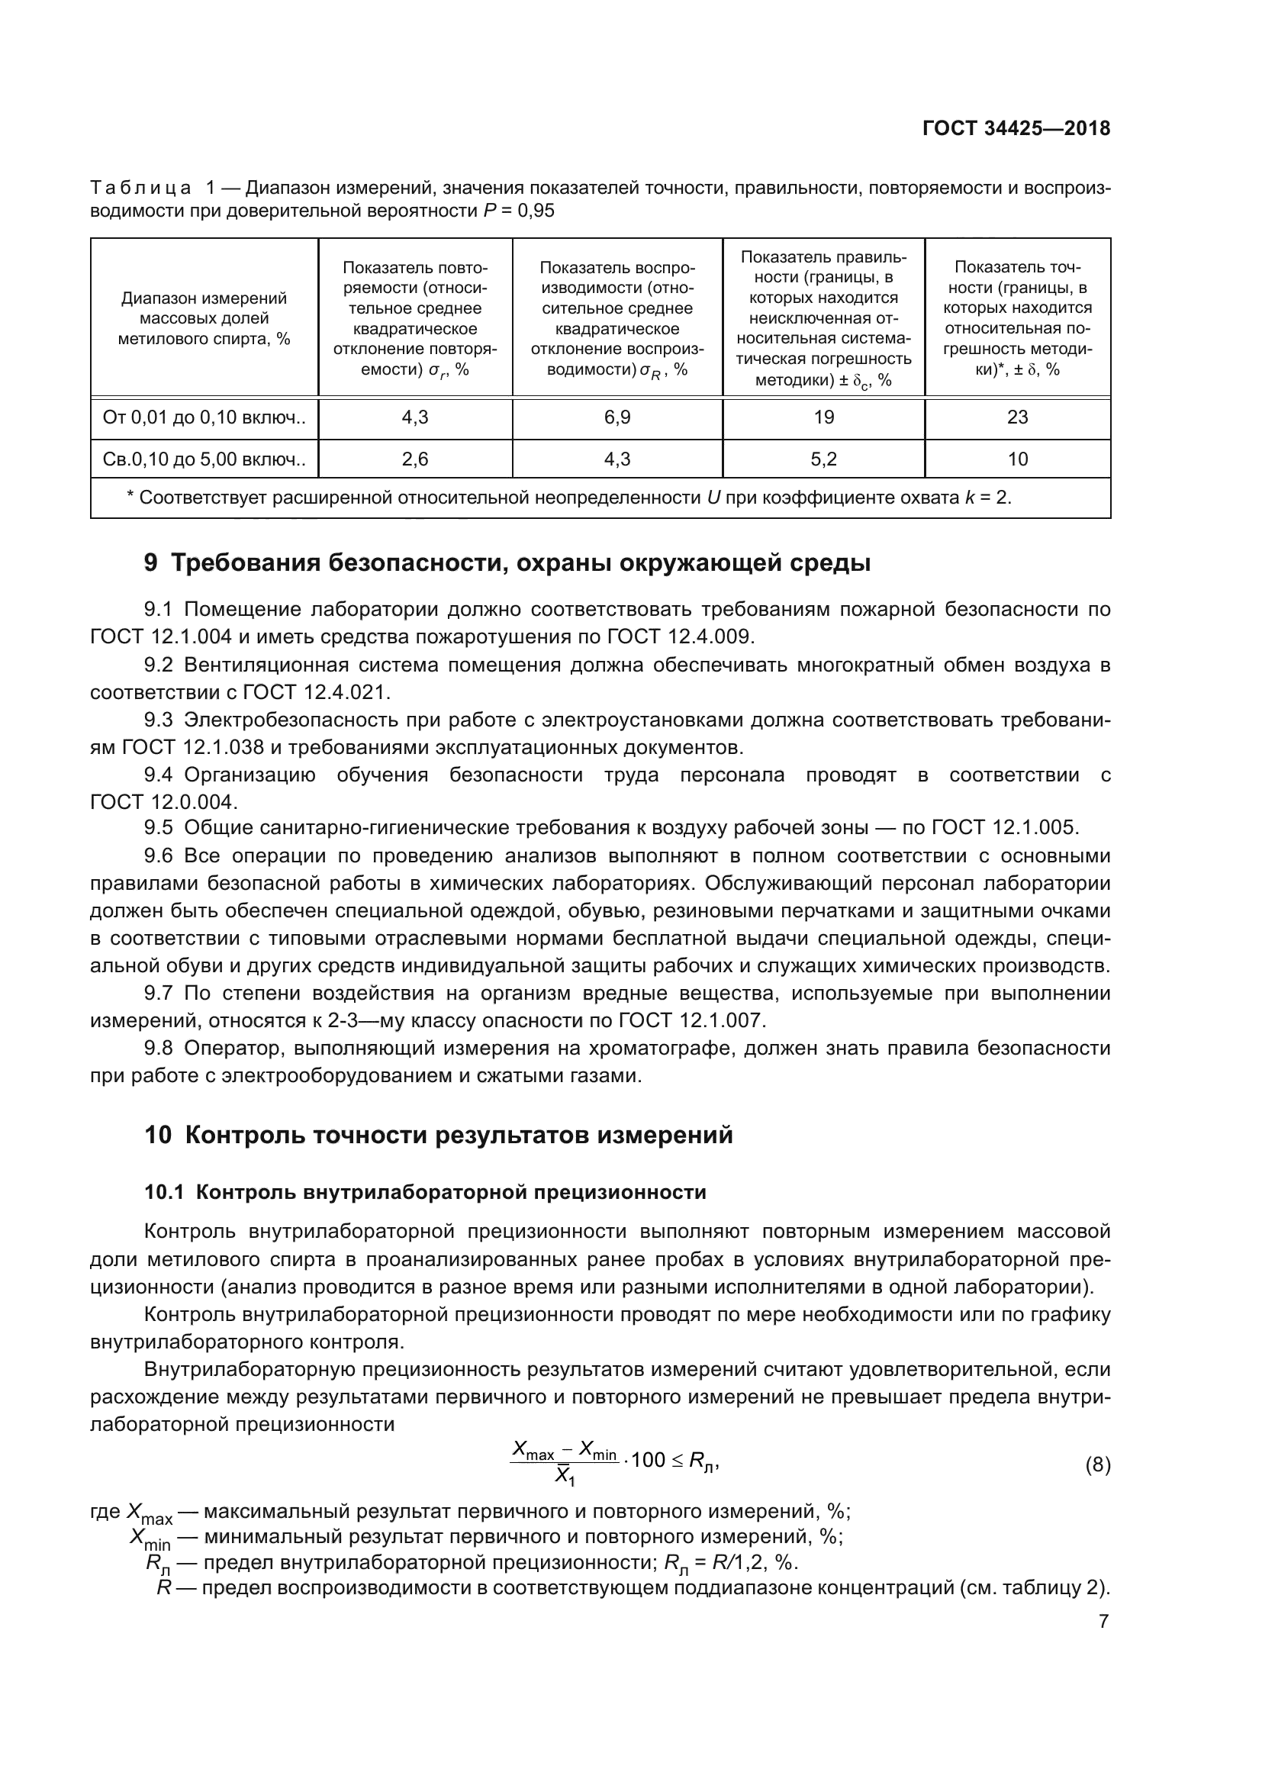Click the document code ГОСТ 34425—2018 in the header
point(1016,128)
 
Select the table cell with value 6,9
point(617,417)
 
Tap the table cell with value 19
point(823,417)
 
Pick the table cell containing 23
point(1016,417)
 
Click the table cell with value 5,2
point(823,459)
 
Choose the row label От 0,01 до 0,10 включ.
point(204,417)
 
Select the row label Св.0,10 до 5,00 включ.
point(204,459)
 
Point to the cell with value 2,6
point(415,459)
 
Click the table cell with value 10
point(1016,459)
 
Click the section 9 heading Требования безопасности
point(507,562)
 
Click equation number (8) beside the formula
point(1097,1465)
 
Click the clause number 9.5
point(158,828)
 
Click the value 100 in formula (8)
point(648,1461)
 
